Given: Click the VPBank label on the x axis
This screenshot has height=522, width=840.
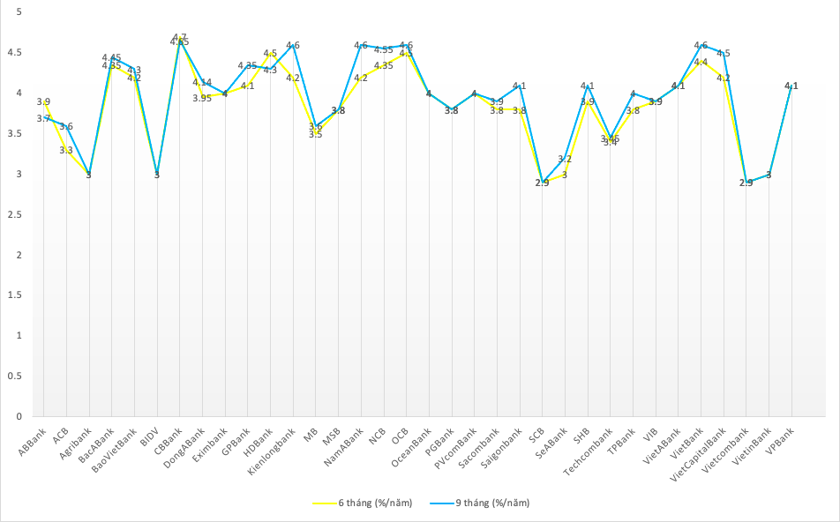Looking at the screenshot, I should pyautogui.click(x=781, y=439).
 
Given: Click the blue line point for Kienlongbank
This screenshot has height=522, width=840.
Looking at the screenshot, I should pyautogui.click(x=294, y=45).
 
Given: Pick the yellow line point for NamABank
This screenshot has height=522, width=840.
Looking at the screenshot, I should pyautogui.click(x=361, y=78).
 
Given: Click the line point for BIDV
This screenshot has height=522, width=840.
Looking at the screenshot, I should pyautogui.click(x=157, y=175).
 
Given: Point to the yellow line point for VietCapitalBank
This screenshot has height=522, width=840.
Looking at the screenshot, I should pyautogui.click(x=724, y=78).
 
